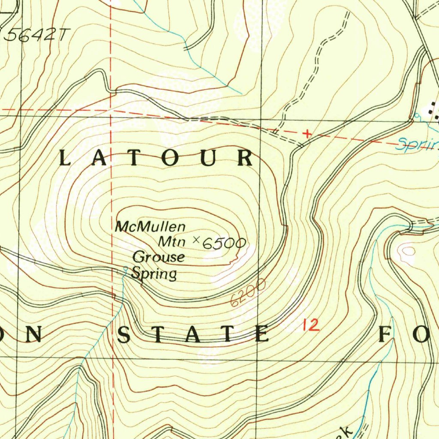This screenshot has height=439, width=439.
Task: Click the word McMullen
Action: point(150,226)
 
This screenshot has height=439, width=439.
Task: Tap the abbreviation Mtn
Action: point(171,242)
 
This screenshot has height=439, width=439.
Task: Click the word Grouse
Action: point(159,257)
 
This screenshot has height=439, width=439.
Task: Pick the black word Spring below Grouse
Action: point(154,274)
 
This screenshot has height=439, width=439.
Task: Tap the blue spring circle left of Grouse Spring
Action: point(125,269)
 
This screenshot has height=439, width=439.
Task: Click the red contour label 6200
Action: point(248,293)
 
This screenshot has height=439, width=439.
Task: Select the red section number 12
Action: point(310,325)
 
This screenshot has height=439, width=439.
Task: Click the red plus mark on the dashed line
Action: point(307,134)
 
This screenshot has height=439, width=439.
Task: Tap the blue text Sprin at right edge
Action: point(417,144)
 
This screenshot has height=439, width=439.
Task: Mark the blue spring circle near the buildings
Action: point(416,115)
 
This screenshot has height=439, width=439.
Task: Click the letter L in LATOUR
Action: point(64,159)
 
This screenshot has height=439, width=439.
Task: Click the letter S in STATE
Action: point(124,335)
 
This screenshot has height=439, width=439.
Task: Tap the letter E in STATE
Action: point(262,334)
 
